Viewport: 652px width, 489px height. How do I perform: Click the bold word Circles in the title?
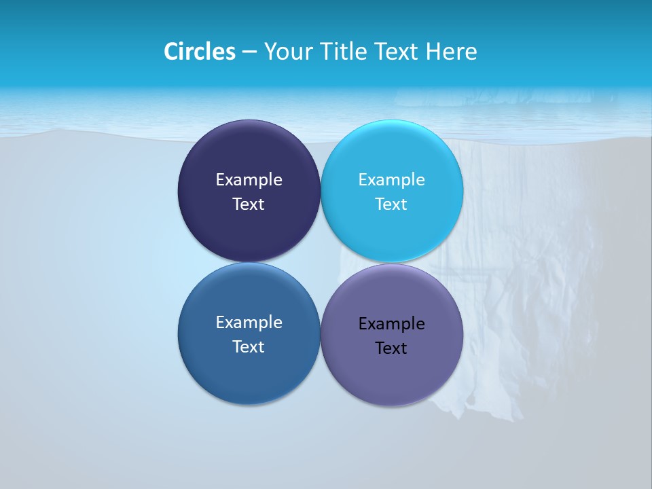pyautogui.click(x=200, y=52)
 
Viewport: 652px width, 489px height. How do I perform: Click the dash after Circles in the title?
pyautogui.click(x=249, y=52)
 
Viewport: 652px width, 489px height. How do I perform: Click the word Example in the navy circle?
pyautogui.click(x=249, y=179)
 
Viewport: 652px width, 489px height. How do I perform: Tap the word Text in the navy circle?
pyautogui.click(x=249, y=204)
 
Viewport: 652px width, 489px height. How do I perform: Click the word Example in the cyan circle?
pyautogui.click(x=391, y=179)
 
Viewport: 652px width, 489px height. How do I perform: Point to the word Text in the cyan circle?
pyautogui.click(x=391, y=204)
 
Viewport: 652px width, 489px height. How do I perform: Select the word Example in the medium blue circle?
pyautogui.click(x=249, y=322)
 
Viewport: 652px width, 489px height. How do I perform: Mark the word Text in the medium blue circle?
pyautogui.click(x=249, y=346)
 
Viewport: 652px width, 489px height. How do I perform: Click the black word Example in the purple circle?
pyautogui.click(x=391, y=323)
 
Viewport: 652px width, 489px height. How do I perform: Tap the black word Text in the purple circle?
pyautogui.click(x=391, y=348)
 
